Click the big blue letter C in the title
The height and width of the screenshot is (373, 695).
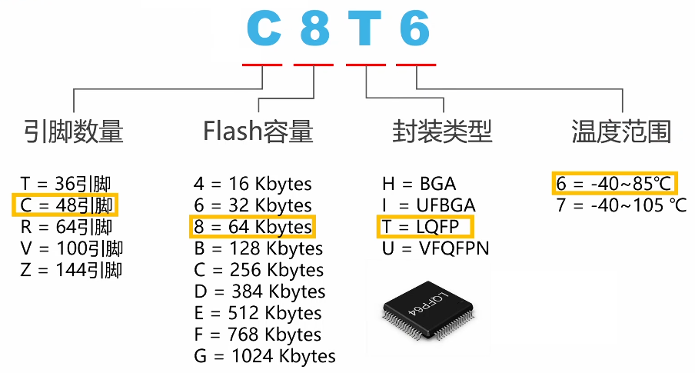coord(264,28)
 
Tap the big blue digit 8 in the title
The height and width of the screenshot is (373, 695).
coord(315,28)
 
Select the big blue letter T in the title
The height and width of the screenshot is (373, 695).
coord(364,28)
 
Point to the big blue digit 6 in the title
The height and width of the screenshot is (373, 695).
coord(415,28)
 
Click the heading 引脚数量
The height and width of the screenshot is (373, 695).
coord(74,132)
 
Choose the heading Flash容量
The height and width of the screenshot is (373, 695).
coord(258,132)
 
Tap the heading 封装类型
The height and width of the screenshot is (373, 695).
coord(442,132)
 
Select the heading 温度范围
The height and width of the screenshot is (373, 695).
coord(621,132)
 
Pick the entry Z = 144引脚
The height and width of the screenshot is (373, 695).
coord(71,270)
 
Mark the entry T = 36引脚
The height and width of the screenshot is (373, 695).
coord(65,184)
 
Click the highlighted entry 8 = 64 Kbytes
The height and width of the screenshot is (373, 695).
coord(253,227)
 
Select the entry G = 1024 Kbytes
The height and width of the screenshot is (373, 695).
coord(264,356)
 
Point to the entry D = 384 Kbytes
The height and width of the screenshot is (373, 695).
coord(260,291)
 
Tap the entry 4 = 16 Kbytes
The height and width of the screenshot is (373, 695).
coord(253,184)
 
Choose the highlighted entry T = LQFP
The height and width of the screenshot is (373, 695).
coord(421,227)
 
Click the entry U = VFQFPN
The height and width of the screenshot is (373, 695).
coord(435,248)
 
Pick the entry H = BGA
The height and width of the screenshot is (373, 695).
coord(419,184)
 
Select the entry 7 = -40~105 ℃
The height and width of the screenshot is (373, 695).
coord(621,205)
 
